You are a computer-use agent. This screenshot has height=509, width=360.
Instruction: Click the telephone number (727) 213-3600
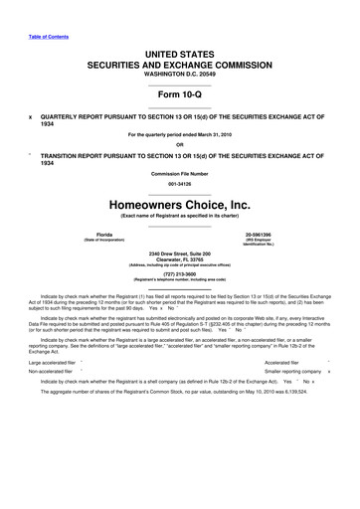pyautogui.click(x=180, y=281)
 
